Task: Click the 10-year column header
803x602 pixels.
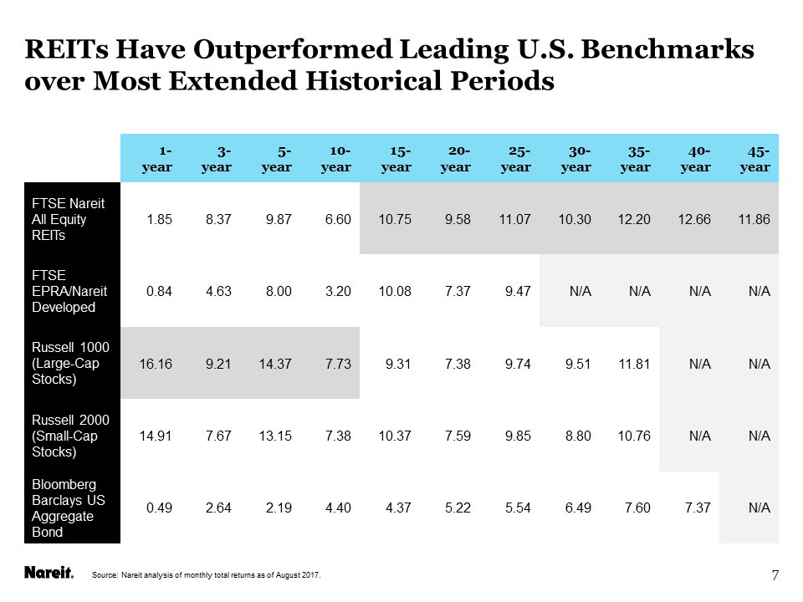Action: [336, 159]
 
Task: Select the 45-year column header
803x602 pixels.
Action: [755, 159]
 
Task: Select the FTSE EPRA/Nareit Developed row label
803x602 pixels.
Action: [64, 290]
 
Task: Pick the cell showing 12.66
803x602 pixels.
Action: [695, 219]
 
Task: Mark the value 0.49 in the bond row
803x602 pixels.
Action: [160, 508]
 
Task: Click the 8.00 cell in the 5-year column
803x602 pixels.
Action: [279, 291]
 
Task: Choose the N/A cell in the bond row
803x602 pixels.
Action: [759, 508]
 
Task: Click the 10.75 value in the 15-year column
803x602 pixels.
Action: [396, 219]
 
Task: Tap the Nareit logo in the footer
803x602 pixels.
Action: [49, 574]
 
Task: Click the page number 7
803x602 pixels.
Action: [775, 574]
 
